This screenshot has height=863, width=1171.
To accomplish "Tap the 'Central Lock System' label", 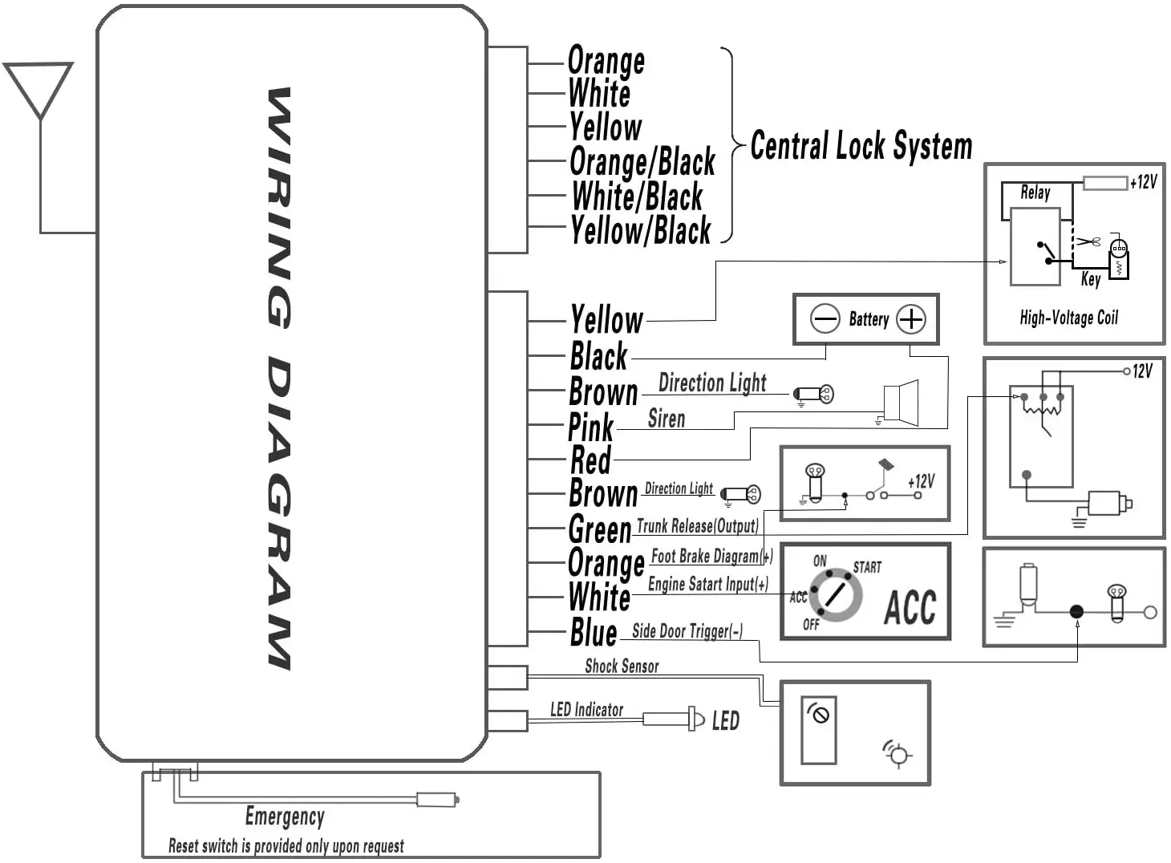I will click(861, 147).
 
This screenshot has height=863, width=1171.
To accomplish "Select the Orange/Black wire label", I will click(642, 163).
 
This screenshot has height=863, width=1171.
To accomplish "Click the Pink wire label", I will click(590, 427).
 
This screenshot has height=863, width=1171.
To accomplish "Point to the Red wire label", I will click(590, 461).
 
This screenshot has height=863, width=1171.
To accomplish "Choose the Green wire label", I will click(600, 530).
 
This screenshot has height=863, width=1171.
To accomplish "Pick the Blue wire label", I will click(594, 633).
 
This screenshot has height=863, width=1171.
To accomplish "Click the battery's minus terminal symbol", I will click(825, 319).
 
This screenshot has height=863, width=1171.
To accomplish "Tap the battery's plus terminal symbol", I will click(910, 319).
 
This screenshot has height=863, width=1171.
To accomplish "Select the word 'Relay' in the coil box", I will click(1035, 192).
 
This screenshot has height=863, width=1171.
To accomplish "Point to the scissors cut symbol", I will click(1088, 241).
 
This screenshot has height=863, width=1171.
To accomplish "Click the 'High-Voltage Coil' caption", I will click(1068, 318).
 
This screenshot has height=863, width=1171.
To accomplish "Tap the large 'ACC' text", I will click(910, 606).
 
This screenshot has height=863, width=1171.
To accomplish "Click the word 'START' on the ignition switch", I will click(867, 567).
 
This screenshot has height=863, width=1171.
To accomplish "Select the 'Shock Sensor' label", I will click(622, 666).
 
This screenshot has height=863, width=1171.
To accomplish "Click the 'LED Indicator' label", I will click(586, 710).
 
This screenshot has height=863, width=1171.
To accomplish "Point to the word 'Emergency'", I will click(285, 816).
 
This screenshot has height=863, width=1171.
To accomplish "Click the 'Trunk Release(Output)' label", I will click(697, 526).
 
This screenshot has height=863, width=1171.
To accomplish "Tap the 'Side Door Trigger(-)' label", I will click(687, 631).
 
